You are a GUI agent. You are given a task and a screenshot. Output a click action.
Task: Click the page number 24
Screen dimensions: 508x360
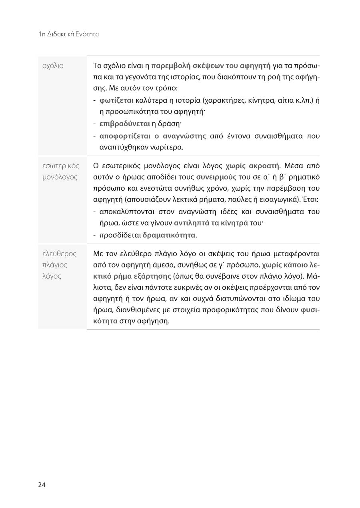tap(42, 485)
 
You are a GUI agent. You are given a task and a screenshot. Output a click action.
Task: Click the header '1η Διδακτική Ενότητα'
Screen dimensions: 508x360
tap(69, 34)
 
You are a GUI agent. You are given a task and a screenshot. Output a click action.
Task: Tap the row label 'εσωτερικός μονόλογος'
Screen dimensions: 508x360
tap(60, 171)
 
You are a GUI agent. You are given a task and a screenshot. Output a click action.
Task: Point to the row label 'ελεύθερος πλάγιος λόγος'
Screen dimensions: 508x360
tap(59, 265)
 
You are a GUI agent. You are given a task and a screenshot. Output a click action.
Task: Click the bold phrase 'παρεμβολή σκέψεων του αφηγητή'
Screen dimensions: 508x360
tap(211, 65)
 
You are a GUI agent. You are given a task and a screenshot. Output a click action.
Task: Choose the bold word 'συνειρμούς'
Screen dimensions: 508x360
tap(216, 177)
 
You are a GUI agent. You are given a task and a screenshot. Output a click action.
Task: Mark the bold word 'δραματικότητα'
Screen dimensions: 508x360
tap(169, 235)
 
